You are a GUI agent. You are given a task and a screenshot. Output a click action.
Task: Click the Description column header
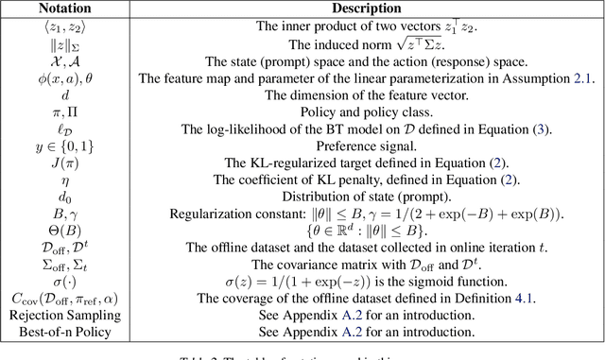(368, 8)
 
